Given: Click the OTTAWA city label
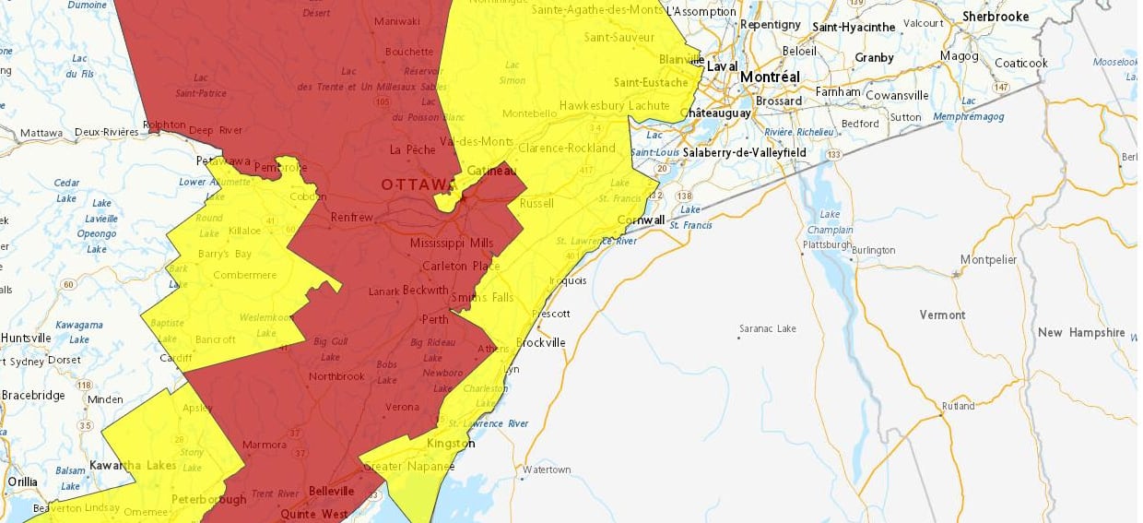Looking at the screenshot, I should (x=418, y=185).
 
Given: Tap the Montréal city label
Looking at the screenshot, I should (x=770, y=77).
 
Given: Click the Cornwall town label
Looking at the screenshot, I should (x=642, y=220).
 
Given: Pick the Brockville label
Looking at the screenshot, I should (x=540, y=342).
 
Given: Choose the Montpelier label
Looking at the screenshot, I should (x=988, y=260).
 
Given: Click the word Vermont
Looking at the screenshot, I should (x=942, y=315).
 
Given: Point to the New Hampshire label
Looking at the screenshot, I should (x=1081, y=333).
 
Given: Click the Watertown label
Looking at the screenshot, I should (x=547, y=470).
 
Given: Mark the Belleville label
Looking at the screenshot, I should (x=331, y=491).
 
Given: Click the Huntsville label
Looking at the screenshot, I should (x=26, y=339).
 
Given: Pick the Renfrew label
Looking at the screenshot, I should (x=352, y=218).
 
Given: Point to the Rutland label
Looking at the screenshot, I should (x=958, y=407).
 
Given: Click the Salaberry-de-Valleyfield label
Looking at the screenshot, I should (x=745, y=152).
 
